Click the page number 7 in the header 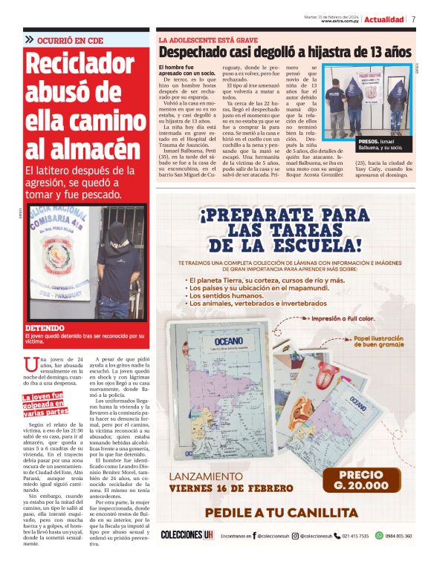(x=414, y=19)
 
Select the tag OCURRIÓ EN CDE (x=68, y=40)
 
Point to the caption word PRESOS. (x=369, y=141)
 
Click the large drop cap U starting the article (x=30, y=363)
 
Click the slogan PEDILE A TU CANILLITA (x=281, y=513)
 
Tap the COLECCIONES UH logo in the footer (x=186, y=535)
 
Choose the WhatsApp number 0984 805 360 (x=398, y=535)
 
